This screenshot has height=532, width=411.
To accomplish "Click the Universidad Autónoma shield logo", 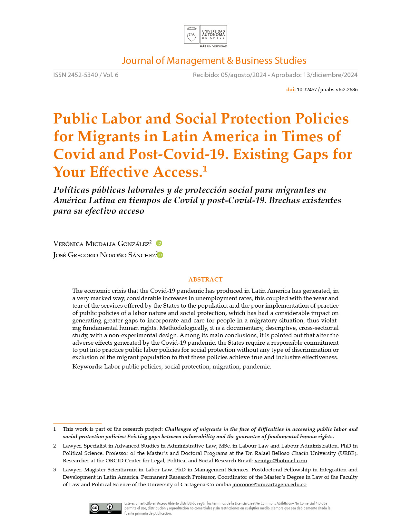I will pyautogui.click(x=191, y=34).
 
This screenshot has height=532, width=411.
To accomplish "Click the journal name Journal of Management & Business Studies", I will pyautogui.click(x=214, y=61).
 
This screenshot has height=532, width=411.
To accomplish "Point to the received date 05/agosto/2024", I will pyautogui.click(x=243, y=75).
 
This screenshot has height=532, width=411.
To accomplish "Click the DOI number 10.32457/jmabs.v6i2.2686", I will pyautogui.click(x=327, y=90).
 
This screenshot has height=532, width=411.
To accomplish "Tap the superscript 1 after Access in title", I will pyautogui.click(x=205, y=169).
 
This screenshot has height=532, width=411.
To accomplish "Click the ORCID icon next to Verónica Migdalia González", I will pyautogui.click(x=159, y=243).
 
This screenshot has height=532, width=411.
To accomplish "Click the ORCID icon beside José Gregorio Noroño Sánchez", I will pyautogui.click(x=161, y=255).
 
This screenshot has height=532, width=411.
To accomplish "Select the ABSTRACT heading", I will pyautogui.click(x=205, y=280).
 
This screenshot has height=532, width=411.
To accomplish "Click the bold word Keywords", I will pyautogui.click(x=87, y=367).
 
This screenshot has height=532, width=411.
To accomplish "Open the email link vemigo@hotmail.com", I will pyautogui.click(x=280, y=461).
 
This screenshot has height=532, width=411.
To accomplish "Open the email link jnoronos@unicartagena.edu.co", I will pyautogui.click(x=269, y=485).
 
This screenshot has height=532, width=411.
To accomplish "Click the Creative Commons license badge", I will pyautogui.click(x=105, y=508).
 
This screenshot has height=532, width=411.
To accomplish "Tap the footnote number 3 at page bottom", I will pyautogui.click(x=55, y=470).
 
